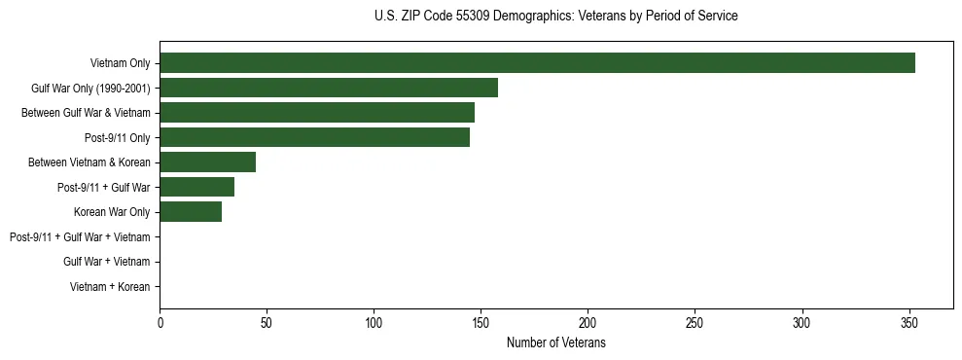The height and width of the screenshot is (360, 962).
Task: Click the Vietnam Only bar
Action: pyautogui.click(x=537, y=63)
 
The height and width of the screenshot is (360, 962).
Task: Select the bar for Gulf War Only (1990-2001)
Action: pyautogui.click(x=329, y=89)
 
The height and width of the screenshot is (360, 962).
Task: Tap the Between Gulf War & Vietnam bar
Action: pyautogui.click(x=317, y=113)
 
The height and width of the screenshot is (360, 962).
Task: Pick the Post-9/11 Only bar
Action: pyautogui.click(x=314, y=137)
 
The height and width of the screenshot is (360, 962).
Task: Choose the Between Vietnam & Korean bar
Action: pyautogui.click(x=207, y=162)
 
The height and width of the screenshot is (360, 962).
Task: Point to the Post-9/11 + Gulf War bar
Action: pyautogui.click(x=196, y=187)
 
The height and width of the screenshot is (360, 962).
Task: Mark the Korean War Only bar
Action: pyautogui.click(x=191, y=211)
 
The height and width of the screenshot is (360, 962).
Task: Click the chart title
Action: pyautogui.click(x=555, y=17)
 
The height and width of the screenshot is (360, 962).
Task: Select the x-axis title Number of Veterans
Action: pyautogui.click(x=555, y=343)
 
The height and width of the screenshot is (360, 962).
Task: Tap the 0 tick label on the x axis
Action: pyautogui.click(x=160, y=322)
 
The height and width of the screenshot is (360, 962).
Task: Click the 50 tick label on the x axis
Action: pyautogui.click(x=267, y=322)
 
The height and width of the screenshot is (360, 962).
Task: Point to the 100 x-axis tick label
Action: pyautogui.click(x=374, y=322)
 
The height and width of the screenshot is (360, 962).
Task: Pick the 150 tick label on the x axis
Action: pyautogui.click(x=481, y=322)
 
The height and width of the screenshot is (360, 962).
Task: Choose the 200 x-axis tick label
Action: pyautogui.click(x=588, y=322)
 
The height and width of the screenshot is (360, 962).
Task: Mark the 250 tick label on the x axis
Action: pyautogui.click(x=695, y=322)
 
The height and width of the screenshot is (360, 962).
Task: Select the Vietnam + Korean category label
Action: pyautogui.click(x=110, y=287)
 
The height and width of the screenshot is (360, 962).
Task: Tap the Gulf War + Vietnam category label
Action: pyautogui.click(x=106, y=262)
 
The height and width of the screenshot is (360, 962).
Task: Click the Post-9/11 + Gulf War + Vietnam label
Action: pyautogui.click(x=80, y=237)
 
